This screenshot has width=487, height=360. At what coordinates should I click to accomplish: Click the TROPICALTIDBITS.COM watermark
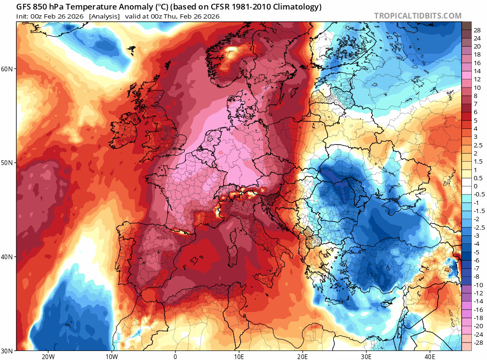coord(418,16)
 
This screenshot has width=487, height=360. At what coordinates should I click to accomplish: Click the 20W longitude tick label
coord(48,356)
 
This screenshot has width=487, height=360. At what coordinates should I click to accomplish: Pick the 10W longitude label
coord(111,356)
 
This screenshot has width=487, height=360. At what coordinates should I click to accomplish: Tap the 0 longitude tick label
coord(175,356)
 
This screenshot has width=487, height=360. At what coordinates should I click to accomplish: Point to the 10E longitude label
coord(239,356)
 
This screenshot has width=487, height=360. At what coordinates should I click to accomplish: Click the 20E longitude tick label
coord(302,356)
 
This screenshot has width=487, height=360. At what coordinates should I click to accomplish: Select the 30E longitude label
coord(366,356)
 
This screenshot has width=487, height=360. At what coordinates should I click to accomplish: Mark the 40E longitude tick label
coord(430,356)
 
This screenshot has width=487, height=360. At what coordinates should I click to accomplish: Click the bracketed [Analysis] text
coord(104,16)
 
